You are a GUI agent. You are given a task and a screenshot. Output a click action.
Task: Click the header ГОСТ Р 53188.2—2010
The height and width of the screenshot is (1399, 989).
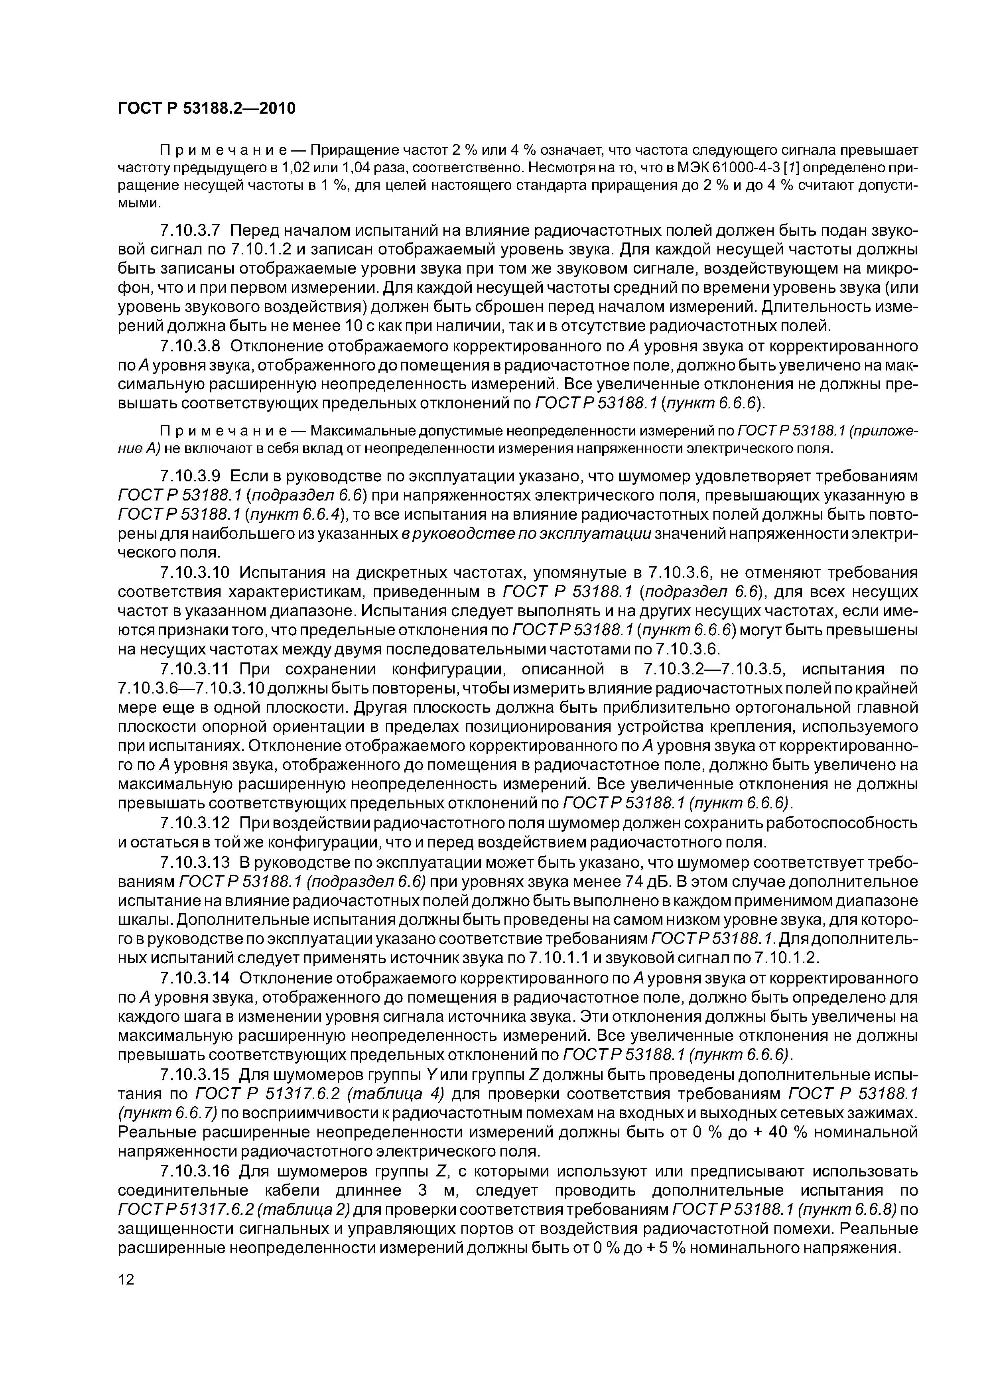(206, 108)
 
